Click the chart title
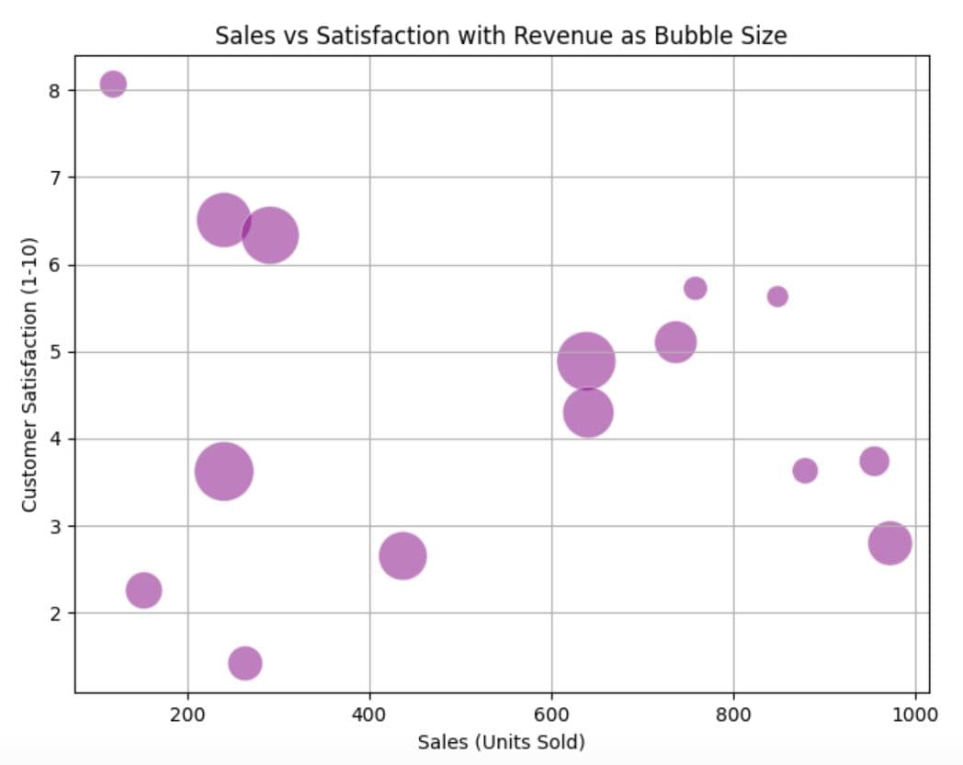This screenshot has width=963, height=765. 501,36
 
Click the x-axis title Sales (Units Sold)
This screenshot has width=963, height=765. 501,741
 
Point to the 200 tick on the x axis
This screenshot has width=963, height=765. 187,714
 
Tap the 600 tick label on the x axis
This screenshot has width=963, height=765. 551,714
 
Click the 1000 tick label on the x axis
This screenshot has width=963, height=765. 914,714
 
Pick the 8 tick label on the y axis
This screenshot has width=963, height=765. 54,90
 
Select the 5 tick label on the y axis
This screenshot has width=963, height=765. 54,352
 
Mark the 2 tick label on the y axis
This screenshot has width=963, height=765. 54,613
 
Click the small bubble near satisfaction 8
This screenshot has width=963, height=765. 113,84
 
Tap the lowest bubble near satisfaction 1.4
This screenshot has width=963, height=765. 244,663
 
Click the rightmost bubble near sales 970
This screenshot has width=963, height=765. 889,542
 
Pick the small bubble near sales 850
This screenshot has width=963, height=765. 777,296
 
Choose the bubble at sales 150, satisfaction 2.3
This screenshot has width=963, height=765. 143,589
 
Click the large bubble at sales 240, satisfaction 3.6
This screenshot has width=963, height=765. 223,471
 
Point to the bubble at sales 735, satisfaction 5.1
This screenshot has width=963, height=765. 675,342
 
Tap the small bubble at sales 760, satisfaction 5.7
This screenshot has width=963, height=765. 696,288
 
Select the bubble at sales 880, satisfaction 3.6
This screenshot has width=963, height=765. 805,471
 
